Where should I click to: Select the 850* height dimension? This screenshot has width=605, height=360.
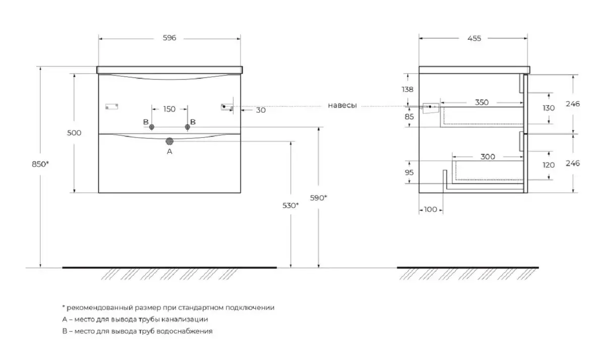[x=41, y=163]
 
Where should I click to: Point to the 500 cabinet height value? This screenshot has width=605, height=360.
[x=74, y=132]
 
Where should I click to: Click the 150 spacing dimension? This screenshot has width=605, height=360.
[x=169, y=109]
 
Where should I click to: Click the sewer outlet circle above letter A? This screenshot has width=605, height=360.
[x=169, y=141]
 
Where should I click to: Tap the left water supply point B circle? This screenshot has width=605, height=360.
[x=151, y=127]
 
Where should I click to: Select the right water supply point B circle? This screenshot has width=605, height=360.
[x=188, y=127]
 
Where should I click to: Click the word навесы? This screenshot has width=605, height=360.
[x=342, y=106]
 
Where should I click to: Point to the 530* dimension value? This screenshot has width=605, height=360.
[x=290, y=205]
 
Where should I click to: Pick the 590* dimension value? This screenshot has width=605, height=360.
[x=319, y=198]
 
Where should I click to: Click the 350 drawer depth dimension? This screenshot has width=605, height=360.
[x=482, y=103]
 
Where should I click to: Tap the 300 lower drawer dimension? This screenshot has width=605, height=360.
[x=488, y=157]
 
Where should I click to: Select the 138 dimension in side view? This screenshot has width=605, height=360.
[x=407, y=90]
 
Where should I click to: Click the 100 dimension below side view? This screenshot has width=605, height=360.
[x=430, y=209]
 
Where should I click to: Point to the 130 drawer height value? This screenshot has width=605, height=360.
[x=549, y=108]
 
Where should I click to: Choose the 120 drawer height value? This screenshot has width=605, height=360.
[x=549, y=165]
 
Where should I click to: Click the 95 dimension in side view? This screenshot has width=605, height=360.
[x=409, y=172]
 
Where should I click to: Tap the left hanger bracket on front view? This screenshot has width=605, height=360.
[x=111, y=106]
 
